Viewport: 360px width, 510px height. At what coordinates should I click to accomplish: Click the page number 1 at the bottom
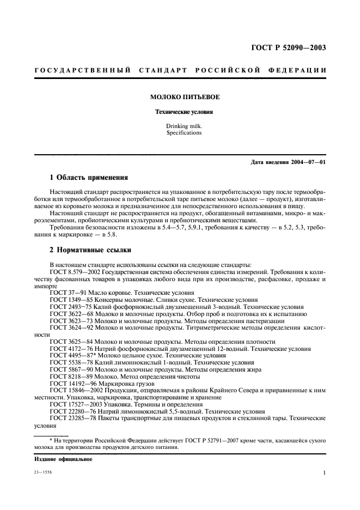click(x=324, y=473)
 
